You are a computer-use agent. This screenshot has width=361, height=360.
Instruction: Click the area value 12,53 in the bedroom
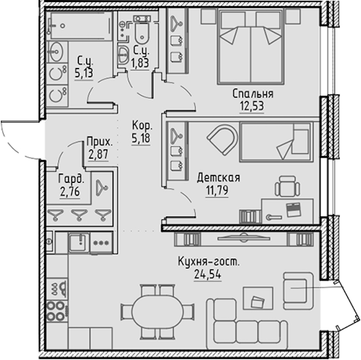(252, 106)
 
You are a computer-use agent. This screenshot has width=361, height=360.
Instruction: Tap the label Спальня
(253, 94)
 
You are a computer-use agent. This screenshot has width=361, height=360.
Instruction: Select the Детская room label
(219, 178)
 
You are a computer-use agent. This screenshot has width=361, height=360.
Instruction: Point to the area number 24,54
(208, 274)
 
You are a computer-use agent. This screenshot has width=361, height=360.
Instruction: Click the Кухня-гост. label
(208, 262)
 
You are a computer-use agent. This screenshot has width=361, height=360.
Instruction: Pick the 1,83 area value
(140, 62)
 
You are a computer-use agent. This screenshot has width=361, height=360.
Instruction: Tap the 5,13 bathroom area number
(84, 73)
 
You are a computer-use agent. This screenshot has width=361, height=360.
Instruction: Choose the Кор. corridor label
(142, 126)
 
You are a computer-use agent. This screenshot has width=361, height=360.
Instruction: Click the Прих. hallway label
(100, 142)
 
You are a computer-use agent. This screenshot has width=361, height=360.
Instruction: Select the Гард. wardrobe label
(71, 179)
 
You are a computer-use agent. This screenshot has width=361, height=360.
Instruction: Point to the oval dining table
(157, 312)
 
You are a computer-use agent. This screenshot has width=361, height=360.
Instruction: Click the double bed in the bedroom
(251, 46)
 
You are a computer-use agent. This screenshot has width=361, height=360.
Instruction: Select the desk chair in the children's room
(288, 186)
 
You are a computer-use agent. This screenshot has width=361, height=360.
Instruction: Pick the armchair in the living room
(299, 290)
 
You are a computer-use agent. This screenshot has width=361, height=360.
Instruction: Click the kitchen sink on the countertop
(79, 242)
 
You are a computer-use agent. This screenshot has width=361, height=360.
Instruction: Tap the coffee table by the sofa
(258, 298)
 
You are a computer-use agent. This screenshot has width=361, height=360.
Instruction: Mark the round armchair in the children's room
(222, 139)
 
